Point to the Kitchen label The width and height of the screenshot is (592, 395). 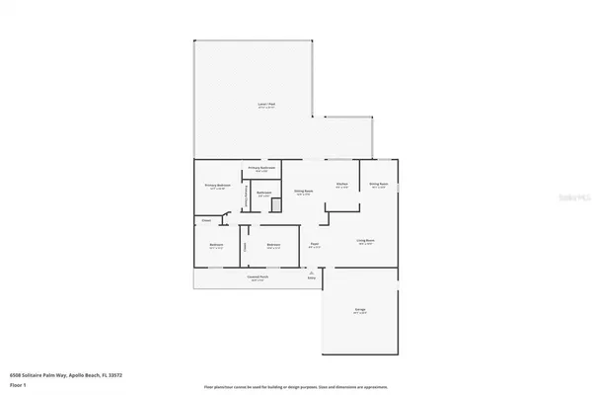pyautogui.click(x=341, y=185)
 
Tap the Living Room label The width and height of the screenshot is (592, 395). pyautogui.click(x=366, y=242)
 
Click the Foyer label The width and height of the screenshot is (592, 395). pyautogui.click(x=315, y=246)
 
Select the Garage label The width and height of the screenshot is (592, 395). pyautogui.click(x=361, y=311)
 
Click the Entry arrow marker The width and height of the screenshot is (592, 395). pyautogui.click(x=312, y=277)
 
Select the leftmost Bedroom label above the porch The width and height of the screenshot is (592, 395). pyautogui.click(x=217, y=246)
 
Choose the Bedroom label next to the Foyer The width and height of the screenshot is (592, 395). pyautogui.click(x=274, y=246)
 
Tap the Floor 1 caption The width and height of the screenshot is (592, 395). pyautogui.click(x=19, y=383)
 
